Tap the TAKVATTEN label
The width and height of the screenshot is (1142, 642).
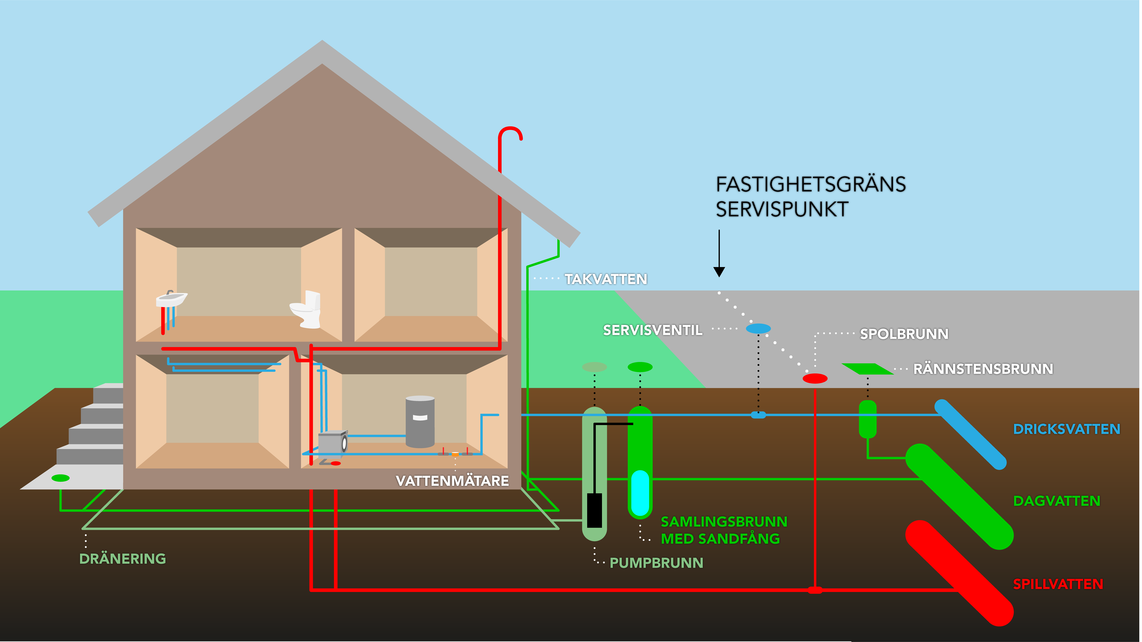[x=606, y=279]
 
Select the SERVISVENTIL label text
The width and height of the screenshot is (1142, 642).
[x=653, y=330]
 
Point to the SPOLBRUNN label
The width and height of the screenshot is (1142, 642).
[x=904, y=334]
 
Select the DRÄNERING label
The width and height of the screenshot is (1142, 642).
[x=122, y=559]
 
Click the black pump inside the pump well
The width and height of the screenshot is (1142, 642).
[x=594, y=510]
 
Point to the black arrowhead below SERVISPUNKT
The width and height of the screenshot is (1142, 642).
[x=719, y=272]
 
